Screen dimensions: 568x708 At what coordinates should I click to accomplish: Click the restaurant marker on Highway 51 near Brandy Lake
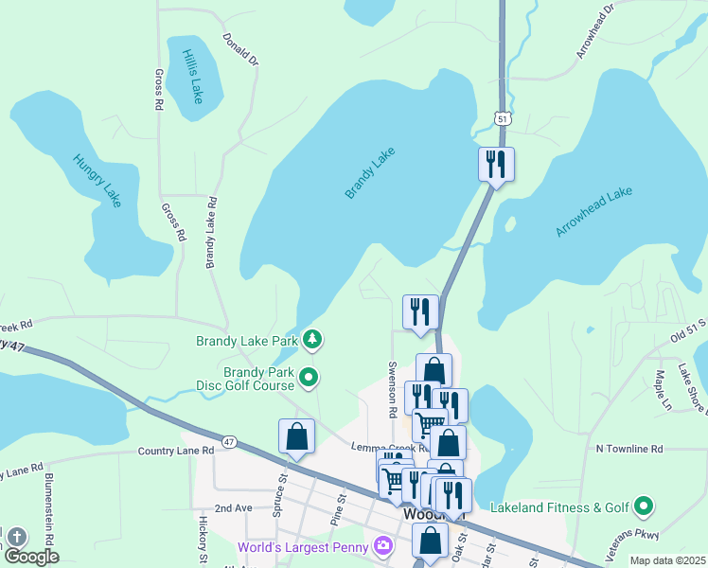[496, 165]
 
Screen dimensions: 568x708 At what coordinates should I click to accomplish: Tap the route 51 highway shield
[502, 117]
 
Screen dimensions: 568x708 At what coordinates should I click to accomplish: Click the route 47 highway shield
[229, 442]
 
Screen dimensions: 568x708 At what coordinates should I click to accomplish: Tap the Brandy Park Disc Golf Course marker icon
[309, 379]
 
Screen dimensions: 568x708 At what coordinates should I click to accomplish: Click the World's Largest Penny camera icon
[382, 545]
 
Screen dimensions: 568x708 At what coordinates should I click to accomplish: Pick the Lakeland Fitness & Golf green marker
[644, 507]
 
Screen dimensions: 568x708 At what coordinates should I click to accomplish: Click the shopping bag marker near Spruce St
[296, 436]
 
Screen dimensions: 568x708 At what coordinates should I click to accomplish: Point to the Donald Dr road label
[240, 49]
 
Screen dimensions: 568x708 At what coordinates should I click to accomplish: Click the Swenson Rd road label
[391, 389]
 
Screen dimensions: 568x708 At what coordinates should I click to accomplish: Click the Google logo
[30, 558]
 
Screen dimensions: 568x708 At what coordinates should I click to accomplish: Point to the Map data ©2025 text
[666, 560]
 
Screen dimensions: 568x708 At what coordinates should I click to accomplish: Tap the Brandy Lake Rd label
[212, 232]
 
